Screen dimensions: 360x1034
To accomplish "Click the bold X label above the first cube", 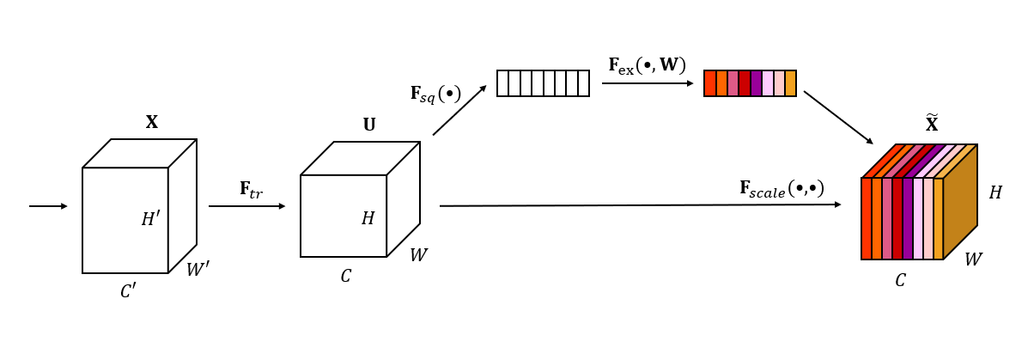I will tap(152, 122).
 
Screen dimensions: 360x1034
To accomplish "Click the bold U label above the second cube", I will tap(369, 125).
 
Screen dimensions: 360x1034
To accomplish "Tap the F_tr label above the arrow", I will tap(251, 190).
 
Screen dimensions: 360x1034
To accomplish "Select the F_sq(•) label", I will tap(435, 94).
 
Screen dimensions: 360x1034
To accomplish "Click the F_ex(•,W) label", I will tap(647, 65).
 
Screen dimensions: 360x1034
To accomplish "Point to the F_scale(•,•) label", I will tap(782, 188).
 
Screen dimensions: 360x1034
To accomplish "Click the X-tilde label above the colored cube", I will tap(932, 125).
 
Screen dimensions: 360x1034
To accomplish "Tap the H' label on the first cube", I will tap(150, 219).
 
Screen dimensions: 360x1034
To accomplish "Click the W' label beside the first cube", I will tap(198, 270).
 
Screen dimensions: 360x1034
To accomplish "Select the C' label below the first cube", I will tap(128, 291).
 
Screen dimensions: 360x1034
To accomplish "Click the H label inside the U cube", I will tap(368, 218).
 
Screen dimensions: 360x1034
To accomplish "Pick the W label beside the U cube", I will tap(418, 255).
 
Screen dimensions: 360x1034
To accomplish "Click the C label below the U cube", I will tap(345, 277).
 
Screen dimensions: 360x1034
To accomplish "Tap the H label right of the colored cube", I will tap(994, 193).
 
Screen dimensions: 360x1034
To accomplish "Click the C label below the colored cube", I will tap(900, 281).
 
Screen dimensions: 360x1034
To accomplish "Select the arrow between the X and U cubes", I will tap(246, 206).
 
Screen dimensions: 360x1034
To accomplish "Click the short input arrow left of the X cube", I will tap(48, 206).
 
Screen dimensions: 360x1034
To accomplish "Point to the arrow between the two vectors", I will tap(647, 83).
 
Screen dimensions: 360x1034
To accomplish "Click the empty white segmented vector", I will tap(543, 83).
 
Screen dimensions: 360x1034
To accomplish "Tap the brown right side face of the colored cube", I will tap(960, 202).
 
